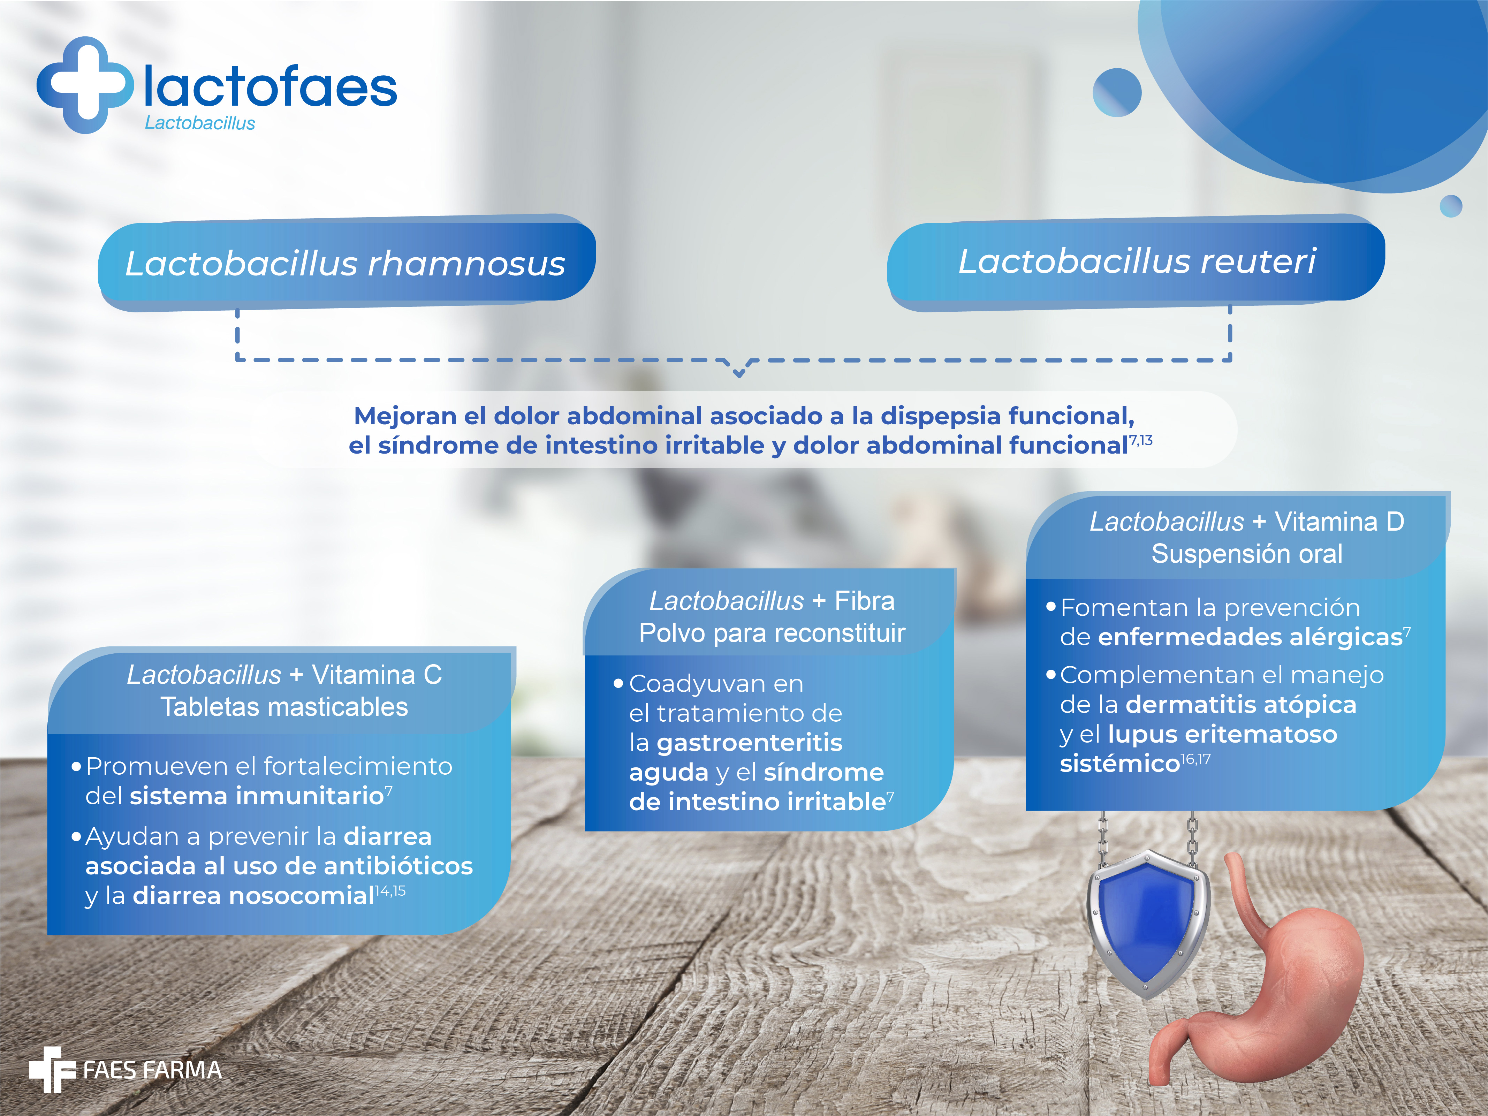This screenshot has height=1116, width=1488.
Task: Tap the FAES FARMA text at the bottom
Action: [x=152, y=1070]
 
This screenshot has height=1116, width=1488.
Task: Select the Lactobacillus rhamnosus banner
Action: [x=347, y=262]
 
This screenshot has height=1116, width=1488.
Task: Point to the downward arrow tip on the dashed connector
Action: [x=738, y=375]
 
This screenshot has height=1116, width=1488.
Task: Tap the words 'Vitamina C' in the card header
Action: [x=377, y=675]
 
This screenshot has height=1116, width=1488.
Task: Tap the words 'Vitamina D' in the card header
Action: [x=1339, y=522]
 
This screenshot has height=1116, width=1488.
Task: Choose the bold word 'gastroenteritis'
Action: [x=749, y=743]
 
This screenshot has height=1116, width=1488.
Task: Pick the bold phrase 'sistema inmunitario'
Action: [x=256, y=796]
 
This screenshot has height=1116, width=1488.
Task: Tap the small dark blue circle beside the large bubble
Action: [x=1117, y=92]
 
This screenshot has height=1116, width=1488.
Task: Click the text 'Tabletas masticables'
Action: [x=284, y=707]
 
